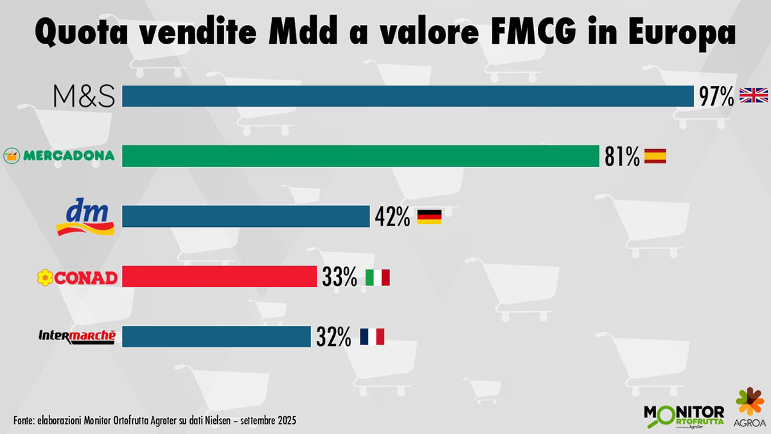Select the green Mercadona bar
pos(360,156)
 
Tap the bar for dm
pos(245,217)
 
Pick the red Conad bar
pos(219,276)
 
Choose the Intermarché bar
pos(216,336)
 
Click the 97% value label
pos(717,97)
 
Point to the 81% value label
pos(622,156)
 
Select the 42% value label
pos(393,217)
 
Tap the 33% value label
pos(339,277)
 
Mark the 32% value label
pos(333,336)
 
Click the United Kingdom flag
pos(754,96)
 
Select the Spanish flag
pos(655,156)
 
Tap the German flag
pos(429,217)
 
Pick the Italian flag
pos(377,277)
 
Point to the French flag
pos(372,336)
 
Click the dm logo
pos(85,217)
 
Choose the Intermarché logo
pos(77,336)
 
